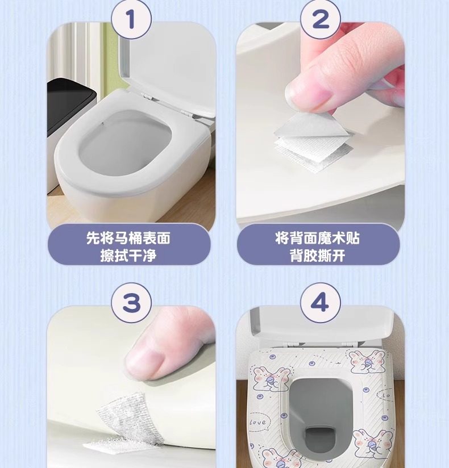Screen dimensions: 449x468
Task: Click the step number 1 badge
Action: (x=131, y=19)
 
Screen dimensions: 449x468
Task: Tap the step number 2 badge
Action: (x=320, y=19)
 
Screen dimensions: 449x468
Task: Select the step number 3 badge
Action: (x=131, y=303)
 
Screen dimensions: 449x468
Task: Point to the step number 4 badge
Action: (x=320, y=303)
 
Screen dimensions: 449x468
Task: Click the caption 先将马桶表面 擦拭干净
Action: (x=128, y=246)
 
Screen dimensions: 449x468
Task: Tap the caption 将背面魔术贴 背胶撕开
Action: (x=318, y=246)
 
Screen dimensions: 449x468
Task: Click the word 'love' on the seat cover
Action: (x=258, y=423)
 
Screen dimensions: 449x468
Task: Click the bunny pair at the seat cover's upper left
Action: (x=271, y=378)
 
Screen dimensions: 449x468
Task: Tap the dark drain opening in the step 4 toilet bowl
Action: (x=319, y=438)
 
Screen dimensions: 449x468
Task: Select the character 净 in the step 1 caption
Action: (x=149, y=256)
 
